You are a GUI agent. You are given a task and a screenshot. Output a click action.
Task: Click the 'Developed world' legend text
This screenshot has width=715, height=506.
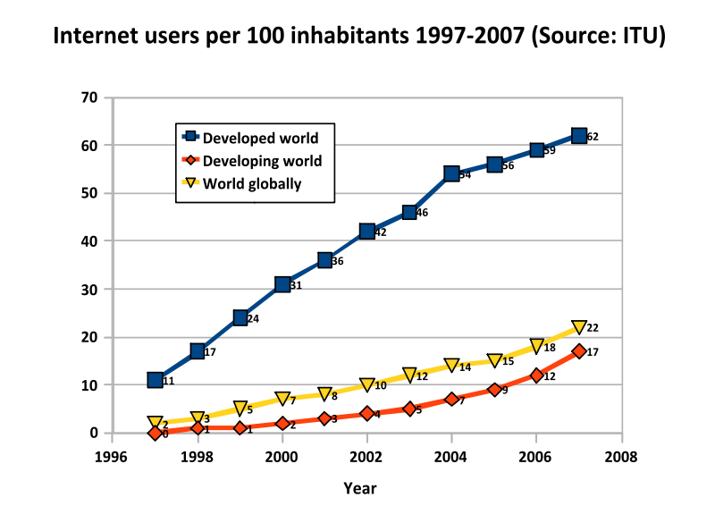coord(260,138)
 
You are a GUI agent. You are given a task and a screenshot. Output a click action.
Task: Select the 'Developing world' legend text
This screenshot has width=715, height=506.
coord(262,161)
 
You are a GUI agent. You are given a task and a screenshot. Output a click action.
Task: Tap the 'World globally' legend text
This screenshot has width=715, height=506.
coord(252,184)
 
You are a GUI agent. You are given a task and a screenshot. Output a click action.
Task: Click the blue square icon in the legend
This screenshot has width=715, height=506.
coord(189,137)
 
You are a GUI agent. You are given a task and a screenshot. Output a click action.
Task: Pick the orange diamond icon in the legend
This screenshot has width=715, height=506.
coord(189,161)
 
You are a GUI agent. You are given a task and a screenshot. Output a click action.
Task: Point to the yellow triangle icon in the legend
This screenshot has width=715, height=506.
coord(189,183)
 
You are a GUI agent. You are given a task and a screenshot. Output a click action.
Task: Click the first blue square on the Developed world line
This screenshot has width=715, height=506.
coord(155,380)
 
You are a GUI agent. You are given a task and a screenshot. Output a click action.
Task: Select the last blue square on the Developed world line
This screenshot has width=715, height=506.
coord(579,136)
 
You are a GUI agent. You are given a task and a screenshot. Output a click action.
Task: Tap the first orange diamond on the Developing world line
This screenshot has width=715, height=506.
coord(155,433)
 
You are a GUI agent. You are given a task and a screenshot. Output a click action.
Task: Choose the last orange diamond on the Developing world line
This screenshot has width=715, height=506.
coord(579,351)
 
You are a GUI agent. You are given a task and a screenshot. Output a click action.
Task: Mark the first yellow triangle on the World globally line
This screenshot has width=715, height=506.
coord(155,423)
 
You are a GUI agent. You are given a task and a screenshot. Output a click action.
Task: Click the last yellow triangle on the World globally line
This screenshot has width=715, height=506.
coord(579,327)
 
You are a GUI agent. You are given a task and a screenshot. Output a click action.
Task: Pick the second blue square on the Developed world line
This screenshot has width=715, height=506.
coord(198,351)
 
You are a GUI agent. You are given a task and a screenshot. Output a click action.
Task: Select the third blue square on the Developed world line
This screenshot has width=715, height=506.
coord(240,317)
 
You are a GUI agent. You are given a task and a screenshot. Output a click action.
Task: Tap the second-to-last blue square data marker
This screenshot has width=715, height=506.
coord(536,149)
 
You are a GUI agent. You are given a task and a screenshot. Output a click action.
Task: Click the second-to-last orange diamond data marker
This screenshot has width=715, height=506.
coord(536,375)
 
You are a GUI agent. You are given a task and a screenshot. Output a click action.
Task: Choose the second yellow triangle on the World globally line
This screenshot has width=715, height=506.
coord(198,418)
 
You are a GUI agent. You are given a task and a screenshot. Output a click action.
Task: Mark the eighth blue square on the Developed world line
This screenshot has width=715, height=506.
coord(452,173)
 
